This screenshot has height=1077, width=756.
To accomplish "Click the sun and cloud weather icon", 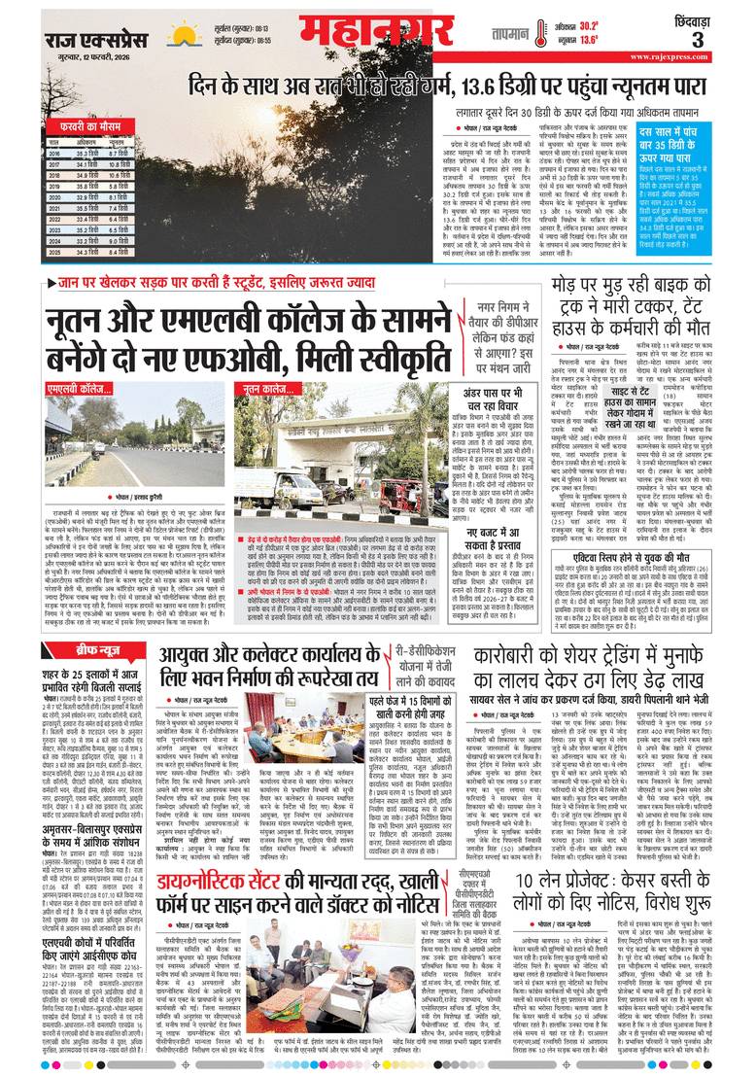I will coord(184,35).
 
